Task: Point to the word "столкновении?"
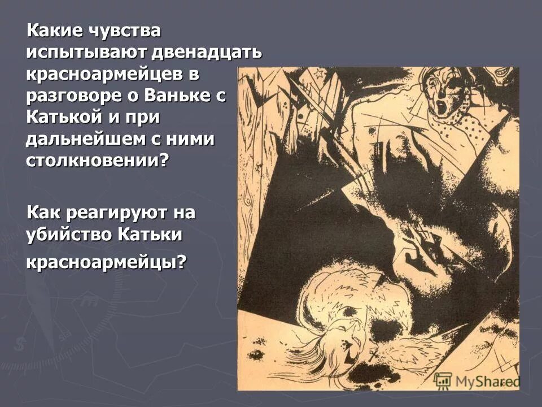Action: coord(97,159)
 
